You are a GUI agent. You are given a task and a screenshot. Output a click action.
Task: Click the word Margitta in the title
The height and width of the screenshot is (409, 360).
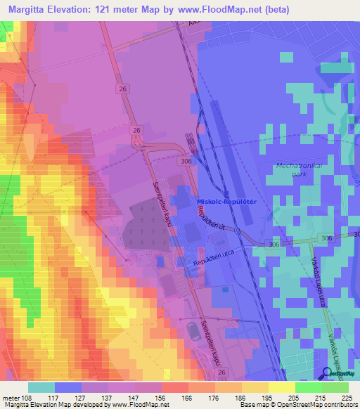coord(31,10)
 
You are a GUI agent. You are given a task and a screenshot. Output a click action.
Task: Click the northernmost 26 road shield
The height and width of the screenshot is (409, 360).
coord(124,89)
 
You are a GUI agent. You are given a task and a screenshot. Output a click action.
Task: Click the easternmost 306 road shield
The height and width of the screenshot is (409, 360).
coord(327,238)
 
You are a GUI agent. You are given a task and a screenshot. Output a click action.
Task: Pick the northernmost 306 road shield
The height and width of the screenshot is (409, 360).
coord(186,161)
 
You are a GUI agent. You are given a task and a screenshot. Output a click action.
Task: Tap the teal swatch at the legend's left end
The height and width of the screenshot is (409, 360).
coord(41,387)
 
